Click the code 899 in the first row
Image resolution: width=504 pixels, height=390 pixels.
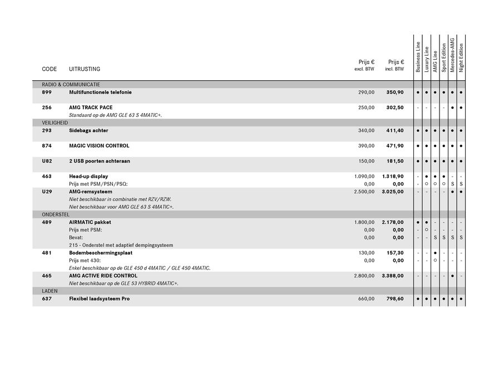point(47,92)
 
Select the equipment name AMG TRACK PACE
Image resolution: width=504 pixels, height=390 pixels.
point(91,108)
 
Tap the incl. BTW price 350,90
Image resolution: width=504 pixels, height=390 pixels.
point(395,92)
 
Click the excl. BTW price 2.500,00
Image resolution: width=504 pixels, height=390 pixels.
point(364,192)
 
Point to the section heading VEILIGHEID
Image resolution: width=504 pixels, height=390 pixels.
point(55,123)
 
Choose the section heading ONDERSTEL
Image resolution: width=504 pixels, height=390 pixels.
point(55,214)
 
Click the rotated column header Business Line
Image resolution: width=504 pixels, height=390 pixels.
point(418,57)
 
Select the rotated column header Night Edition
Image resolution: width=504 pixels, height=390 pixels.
point(461,57)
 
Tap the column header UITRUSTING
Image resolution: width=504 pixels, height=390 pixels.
point(85,69)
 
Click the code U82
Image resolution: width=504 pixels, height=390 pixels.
point(47,161)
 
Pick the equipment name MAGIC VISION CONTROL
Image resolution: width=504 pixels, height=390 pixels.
point(99,146)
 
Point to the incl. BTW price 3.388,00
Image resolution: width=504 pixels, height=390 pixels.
point(393,276)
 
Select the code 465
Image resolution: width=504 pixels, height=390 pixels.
point(47,276)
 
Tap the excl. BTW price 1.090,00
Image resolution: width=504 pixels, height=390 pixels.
point(364,177)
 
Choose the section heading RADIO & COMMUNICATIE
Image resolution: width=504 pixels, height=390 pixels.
point(71,84)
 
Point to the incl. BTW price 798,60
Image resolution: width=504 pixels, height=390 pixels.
point(395,299)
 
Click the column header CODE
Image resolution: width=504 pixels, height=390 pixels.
point(50,69)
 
